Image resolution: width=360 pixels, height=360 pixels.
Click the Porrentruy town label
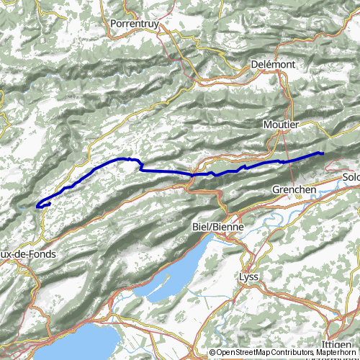click(134, 24)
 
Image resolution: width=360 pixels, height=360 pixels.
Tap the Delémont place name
click(273, 64)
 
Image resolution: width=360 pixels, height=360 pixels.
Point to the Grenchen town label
click(294, 189)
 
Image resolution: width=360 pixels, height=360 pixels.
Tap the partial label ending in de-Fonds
click(27, 254)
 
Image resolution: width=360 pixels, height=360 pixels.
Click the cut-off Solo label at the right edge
click(351, 177)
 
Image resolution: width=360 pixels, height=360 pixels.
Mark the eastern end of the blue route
click(322, 153)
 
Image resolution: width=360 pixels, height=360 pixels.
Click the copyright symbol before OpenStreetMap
click(213, 353)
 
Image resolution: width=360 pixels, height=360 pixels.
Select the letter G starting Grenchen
click(276, 189)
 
